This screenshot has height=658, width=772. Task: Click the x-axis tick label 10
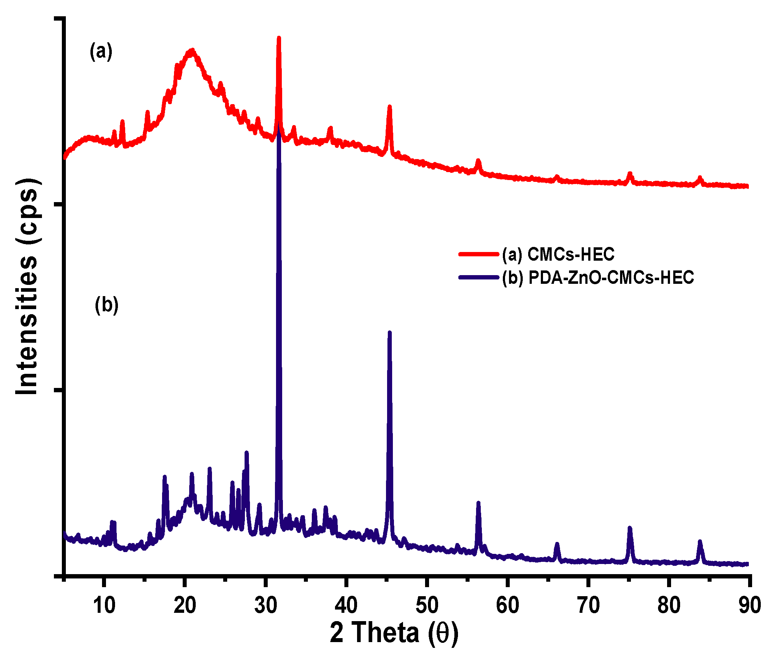coord(104,606)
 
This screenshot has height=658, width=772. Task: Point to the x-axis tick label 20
coord(185,606)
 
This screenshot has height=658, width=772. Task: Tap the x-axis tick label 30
coord(266,606)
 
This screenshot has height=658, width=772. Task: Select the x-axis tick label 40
coord(346,606)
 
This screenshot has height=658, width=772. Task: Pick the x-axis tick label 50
coord(427,606)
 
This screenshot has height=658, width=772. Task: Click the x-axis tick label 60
coord(508,606)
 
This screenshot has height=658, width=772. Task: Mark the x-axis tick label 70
coord(588,606)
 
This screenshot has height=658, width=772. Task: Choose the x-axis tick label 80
coord(669,606)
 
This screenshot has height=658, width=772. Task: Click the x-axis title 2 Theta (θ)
coord(394,633)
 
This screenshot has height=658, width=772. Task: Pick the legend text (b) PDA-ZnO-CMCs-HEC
coord(598,277)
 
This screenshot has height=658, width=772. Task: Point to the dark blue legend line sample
coord(478,277)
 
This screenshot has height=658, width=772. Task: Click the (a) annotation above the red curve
coord(101,52)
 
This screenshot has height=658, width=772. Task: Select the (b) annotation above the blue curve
coord(107,305)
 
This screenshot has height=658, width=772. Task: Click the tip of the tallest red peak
coord(279,38)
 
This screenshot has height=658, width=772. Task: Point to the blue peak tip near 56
coord(478,503)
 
